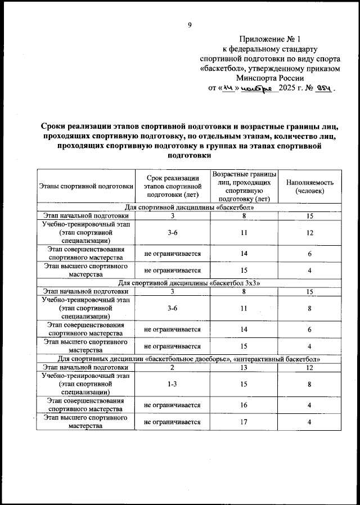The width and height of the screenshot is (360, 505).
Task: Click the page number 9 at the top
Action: click(x=190, y=24)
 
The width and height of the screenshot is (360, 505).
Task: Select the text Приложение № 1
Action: click(x=270, y=39)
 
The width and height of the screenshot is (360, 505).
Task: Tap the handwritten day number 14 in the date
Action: click(x=228, y=88)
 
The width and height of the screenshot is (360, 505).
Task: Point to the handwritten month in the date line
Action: click(x=256, y=89)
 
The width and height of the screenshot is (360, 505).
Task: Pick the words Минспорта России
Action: click(x=270, y=78)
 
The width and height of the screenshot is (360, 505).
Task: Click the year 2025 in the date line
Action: click(x=291, y=88)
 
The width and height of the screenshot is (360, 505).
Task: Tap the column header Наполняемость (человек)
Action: click(x=310, y=187)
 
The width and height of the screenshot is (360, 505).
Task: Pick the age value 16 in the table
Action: click(x=244, y=404)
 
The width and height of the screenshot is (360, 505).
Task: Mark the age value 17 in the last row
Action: click(x=244, y=422)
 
